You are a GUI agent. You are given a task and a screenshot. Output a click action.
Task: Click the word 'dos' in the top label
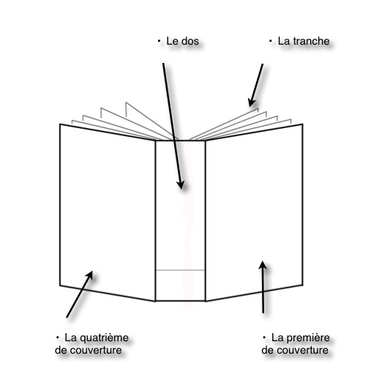(x=190, y=41)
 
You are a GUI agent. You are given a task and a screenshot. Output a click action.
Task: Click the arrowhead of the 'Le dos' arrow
(x=181, y=185)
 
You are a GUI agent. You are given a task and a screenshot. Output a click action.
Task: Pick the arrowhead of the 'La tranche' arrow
(x=251, y=102)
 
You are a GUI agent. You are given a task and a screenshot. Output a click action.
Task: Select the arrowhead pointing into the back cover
(x=89, y=275)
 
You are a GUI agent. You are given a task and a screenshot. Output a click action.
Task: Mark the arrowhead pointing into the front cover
(x=263, y=265)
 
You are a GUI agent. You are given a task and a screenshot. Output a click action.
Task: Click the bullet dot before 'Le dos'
(x=160, y=41)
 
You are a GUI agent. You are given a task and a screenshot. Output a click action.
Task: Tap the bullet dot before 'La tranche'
(x=271, y=41)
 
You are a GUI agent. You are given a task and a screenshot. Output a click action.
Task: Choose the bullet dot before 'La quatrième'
(x=58, y=338)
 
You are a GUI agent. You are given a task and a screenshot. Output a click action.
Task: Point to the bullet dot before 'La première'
(x=264, y=338)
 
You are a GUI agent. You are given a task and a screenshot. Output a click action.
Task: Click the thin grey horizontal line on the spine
(x=181, y=270)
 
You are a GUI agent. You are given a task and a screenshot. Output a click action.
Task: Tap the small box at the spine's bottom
(x=181, y=286)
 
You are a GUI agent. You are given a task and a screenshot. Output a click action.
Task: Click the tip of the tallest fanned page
(x=126, y=103)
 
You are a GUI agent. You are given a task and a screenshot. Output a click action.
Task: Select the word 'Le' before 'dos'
(x=171, y=41)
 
